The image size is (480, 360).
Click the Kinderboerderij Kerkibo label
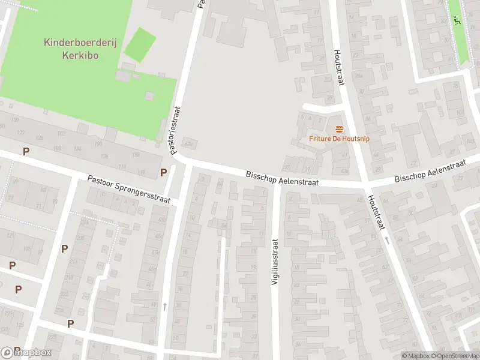point(71,49)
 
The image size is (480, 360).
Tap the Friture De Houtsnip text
point(339,139)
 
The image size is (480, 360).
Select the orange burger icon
point(339,128)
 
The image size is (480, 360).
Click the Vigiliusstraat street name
point(275,262)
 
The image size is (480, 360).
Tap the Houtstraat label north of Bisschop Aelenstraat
point(338,67)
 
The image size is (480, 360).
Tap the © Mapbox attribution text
point(415,356)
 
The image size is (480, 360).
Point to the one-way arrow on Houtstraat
point(387,240)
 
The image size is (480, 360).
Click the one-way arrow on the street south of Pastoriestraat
point(164,307)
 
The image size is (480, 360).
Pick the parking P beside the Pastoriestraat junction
point(163,173)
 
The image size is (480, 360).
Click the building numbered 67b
point(190,144)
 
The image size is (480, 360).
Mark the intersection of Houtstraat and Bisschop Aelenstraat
point(363,182)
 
